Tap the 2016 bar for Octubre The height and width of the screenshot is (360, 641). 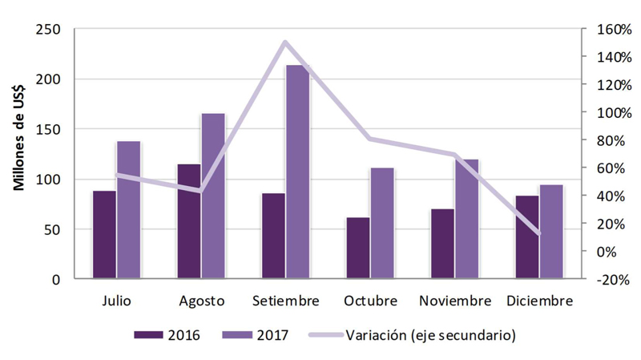pos(358,248)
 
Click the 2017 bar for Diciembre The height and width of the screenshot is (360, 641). pos(551,232)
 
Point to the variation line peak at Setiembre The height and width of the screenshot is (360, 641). pos(285,42)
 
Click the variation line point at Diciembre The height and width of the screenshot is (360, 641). pos(539,233)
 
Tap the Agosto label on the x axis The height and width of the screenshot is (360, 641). pos(201,301)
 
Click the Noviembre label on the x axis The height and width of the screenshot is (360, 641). pos(454,301)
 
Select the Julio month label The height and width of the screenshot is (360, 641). pos(117,301)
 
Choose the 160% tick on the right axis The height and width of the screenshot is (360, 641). pos(607,30)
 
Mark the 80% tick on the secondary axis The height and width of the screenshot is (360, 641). pos(607,140)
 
